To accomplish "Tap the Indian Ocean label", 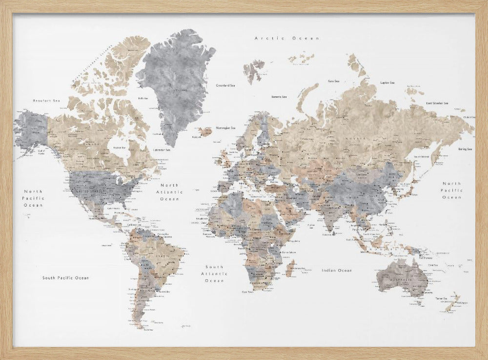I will click(336, 270).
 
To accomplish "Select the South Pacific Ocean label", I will click(65, 277).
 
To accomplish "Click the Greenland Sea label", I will click(225, 85).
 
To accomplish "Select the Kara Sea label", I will click(334, 81).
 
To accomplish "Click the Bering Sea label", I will click(465, 148).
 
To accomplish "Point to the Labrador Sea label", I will click(162, 150).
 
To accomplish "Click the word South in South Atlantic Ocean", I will click(214, 267).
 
